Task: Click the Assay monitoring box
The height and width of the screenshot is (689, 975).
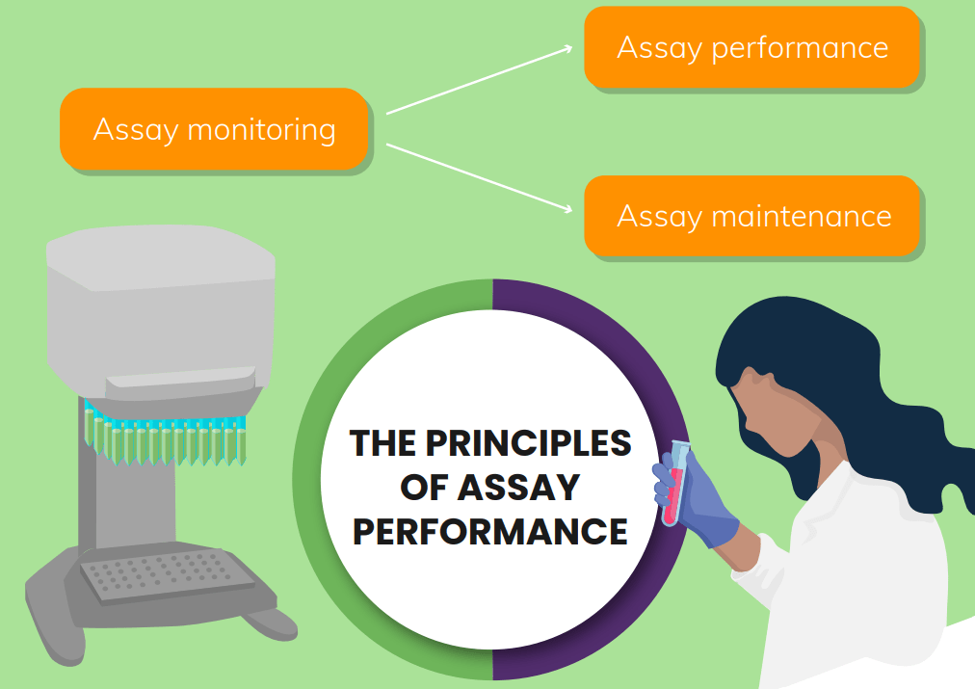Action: tap(214, 129)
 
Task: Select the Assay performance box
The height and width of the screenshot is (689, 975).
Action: tap(752, 47)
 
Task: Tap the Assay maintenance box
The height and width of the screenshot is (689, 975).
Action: tap(752, 216)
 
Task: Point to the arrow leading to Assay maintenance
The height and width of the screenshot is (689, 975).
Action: tap(482, 177)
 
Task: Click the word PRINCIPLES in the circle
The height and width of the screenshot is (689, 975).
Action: tap(528, 444)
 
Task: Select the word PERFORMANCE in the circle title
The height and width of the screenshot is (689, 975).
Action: tap(490, 531)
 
